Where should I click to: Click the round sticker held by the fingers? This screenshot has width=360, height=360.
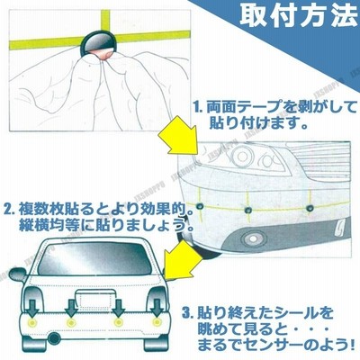click(98, 44)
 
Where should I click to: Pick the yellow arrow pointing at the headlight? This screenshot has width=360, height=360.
click(178, 137)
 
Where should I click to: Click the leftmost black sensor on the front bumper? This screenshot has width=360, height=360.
click(199, 206)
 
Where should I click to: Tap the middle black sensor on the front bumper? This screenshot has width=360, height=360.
click(247, 210)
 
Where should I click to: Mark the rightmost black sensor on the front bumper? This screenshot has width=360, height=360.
click(310, 208)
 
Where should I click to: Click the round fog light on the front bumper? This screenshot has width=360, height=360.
click(250, 238)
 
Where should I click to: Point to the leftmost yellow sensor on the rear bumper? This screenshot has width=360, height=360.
click(31, 322)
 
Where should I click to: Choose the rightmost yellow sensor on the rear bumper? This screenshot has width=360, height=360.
click(156, 322)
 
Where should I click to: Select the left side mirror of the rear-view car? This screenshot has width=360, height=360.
click(18, 274)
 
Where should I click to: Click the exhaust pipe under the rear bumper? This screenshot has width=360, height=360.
click(54, 338)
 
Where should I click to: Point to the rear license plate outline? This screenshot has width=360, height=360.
click(95, 299)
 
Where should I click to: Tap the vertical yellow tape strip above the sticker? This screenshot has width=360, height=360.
click(105, 21)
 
